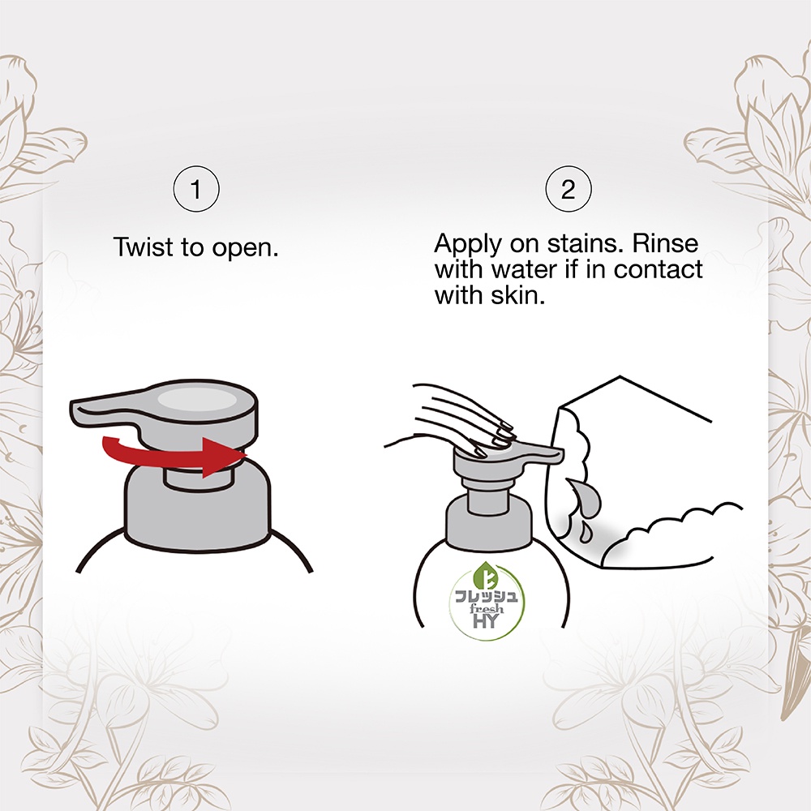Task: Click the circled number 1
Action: click(x=196, y=189)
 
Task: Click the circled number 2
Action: click(x=568, y=189)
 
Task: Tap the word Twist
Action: click(x=143, y=247)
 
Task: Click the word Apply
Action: click(x=468, y=244)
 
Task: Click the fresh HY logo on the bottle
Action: click(x=486, y=600)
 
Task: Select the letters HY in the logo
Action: click(x=486, y=620)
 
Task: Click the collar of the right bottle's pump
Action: click(x=489, y=521)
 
